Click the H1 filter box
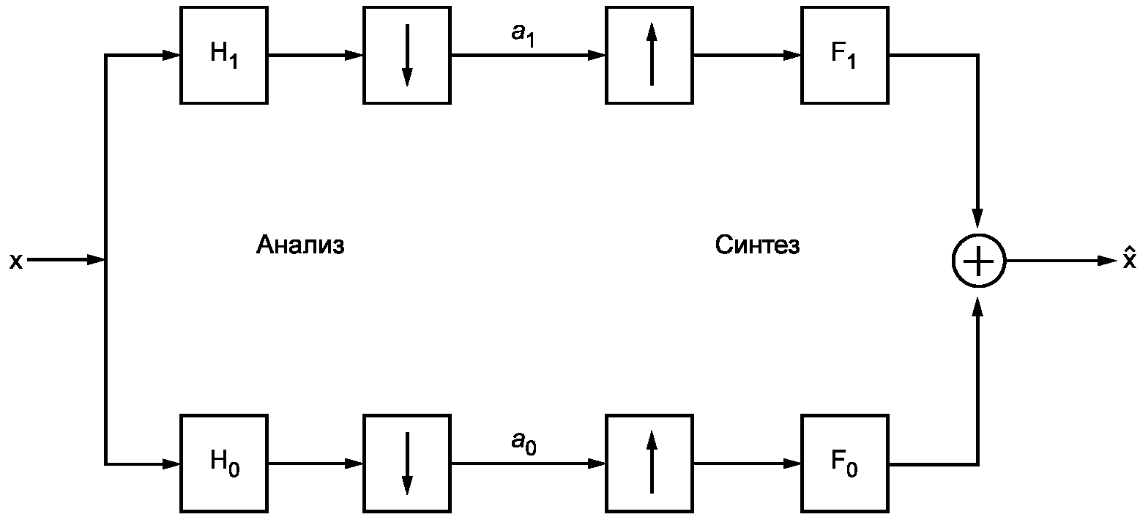(x=224, y=55)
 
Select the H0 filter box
(x=224, y=463)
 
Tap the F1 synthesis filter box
(x=845, y=55)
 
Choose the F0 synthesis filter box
(x=845, y=463)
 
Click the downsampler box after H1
(x=407, y=55)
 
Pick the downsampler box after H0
(x=407, y=463)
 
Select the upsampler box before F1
(x=649, y=55)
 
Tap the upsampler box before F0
(x=649, y=463)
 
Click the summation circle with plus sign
(x=979, y=261)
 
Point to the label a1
(x=524, y=35)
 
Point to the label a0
(x=524, y=443)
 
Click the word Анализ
(x=300, y=245)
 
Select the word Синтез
(x=757, y=245)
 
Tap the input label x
(x=16, y=261)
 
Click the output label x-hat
(x=1130, y=258)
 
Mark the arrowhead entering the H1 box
(x=171, y=55)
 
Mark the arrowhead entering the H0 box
(x=171, y=464)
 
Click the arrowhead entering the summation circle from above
(x=977, y=217)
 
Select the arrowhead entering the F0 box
(x=792, y=464)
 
